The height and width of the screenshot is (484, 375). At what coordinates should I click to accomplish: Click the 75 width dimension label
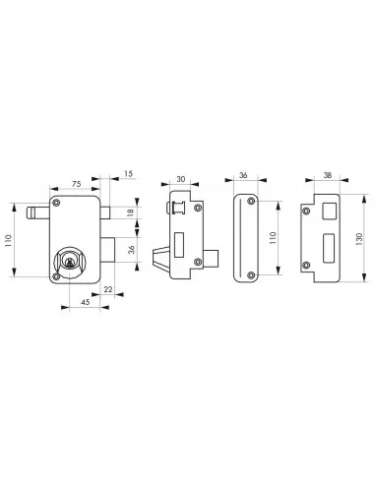tap(77, 183)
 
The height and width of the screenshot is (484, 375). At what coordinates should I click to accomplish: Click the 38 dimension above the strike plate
tap(325, 178)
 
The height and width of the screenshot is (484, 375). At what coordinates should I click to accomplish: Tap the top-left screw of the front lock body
tap(57, 202)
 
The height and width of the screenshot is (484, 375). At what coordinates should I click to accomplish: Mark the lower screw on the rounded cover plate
tap(252, 274)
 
